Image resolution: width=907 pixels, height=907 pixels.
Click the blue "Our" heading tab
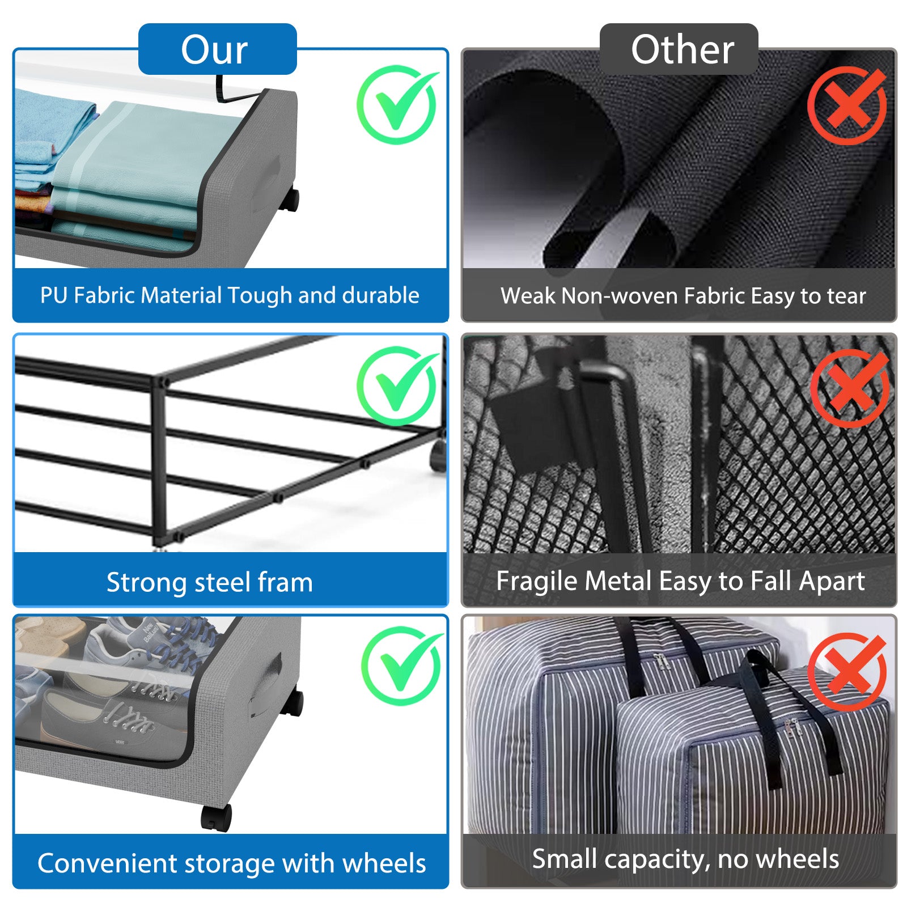[x=217, y=49]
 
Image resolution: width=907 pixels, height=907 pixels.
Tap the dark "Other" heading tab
[x=679, y=49]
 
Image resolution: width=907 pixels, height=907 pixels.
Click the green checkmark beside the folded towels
[x=397, y=105]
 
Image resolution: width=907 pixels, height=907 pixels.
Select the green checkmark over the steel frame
[x=397, y=386]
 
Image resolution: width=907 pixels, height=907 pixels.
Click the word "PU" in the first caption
[x=54, y=295]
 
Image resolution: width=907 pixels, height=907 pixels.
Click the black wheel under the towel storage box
[x=291, y=200]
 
